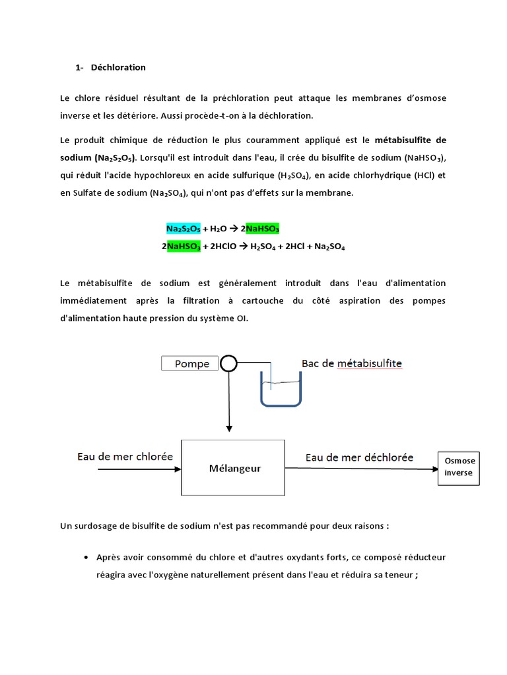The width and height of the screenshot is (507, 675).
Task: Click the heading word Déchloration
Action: [x=118, y=67]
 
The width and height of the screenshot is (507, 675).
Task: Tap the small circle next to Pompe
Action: [x=228, y=363]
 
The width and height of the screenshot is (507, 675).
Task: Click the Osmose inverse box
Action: [x=459, y=467]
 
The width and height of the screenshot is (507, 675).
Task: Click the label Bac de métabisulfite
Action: [x=351, y=363]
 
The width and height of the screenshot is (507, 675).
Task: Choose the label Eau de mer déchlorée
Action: [x=359, y=456]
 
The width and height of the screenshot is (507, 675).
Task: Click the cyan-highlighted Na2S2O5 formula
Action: [x=183, y=229]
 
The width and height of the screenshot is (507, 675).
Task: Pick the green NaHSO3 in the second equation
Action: [x=183, y=247]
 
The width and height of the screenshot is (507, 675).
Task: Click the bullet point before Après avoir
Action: [x=87, y=558]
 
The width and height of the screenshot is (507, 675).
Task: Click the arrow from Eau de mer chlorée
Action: [x=139, y=469]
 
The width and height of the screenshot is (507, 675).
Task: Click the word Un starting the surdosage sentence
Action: [x=65, y=525]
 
